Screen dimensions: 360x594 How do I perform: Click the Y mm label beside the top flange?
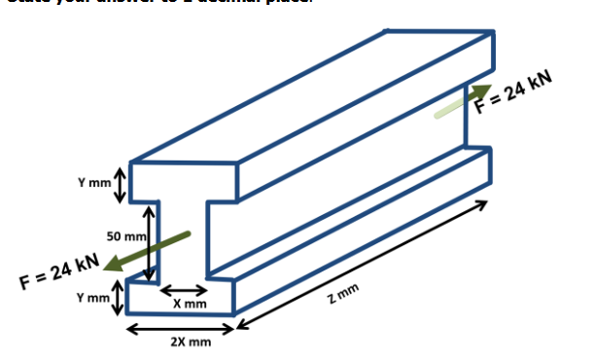[93, 183]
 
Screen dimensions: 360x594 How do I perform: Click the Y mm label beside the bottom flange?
[93, 297]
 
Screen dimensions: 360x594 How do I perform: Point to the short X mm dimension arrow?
[183, 291]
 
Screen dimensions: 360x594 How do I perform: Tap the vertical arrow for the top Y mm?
[120, 183]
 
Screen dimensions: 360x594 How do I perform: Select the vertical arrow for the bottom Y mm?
[119, 297]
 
